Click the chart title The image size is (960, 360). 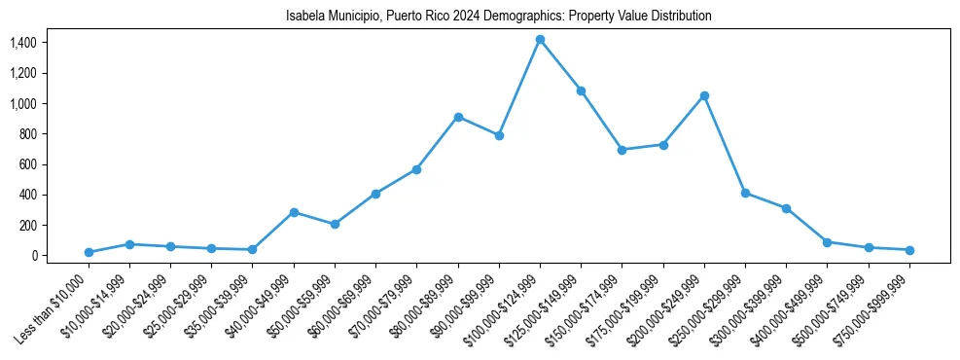click(499, 17)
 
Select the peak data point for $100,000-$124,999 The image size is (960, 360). click(540, 40)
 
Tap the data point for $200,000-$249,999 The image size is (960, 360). click(704, 95)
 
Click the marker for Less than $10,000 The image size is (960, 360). click(89, 252)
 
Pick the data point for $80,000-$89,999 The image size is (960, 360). click(458, 117)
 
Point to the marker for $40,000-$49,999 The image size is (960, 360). click(294, 212)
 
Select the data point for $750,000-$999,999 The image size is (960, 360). click(909, 250)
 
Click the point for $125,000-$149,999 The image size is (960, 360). click(581, 90)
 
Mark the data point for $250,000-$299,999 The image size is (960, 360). click(745, 193)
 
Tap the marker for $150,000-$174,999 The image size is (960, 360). click(622, 150)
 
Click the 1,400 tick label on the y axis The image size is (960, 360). click(22, 43)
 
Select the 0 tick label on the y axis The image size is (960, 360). click(34, 256)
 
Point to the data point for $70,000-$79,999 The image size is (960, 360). click(416, 169)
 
